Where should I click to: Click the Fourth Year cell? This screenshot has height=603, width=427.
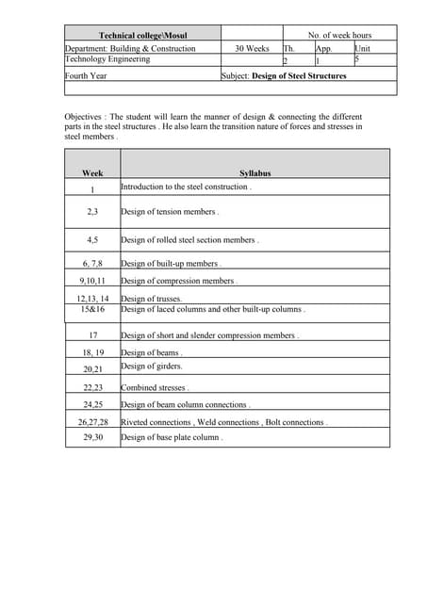86,75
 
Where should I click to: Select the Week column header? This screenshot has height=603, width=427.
92,173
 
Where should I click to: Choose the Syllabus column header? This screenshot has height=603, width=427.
255,173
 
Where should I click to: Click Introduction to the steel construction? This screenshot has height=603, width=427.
186,187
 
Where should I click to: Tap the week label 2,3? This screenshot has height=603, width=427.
92,212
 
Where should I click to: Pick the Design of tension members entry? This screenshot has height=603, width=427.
170,212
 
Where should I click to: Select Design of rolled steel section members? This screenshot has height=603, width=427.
189,240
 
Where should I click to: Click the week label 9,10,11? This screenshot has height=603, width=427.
92,281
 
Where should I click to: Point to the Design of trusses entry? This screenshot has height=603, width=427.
152,299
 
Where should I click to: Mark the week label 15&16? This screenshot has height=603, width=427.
92,308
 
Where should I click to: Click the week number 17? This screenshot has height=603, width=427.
92,335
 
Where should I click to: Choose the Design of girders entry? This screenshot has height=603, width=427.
152,366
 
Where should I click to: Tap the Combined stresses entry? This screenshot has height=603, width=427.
155,387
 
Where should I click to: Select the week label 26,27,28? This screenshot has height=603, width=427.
92,422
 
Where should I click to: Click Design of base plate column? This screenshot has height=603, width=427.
172,437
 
